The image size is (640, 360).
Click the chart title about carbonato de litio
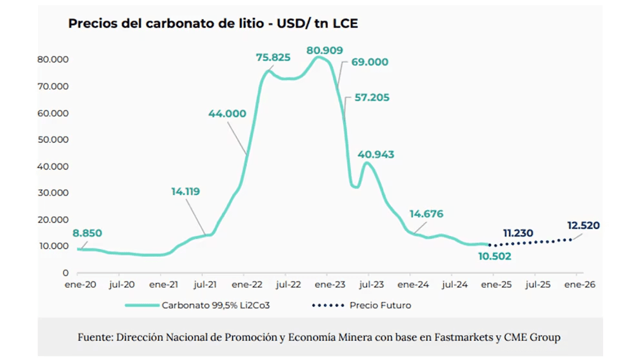213,25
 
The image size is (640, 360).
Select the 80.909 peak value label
325,50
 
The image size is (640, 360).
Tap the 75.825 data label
273,57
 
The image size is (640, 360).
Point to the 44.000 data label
226,114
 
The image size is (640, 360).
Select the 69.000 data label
370,63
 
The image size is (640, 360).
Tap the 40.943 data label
375,155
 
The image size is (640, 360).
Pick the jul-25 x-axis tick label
537,284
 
